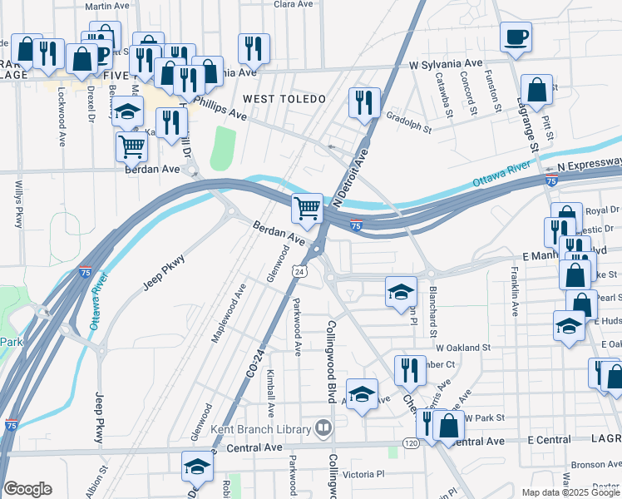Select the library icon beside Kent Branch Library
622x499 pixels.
[323, 428]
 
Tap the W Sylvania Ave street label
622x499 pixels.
[446, 63]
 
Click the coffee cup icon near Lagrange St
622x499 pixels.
[516, 37]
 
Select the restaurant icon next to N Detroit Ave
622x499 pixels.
[364, 103]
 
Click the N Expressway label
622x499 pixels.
[589, 165]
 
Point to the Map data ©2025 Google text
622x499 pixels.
[570, 492]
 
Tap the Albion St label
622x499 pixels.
[104, 481]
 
